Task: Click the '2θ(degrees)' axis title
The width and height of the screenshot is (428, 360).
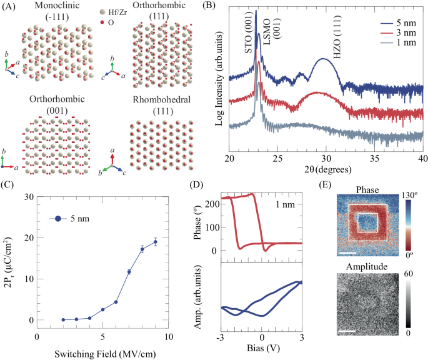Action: pos(327,169)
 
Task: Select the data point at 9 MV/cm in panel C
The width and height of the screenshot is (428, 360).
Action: pos(155,242)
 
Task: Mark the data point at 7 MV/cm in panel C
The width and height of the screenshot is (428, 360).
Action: pos(129,272)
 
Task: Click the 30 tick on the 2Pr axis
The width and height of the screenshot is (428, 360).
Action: pos(27,196)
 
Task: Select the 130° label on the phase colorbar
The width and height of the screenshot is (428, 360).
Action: pos(414,194)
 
